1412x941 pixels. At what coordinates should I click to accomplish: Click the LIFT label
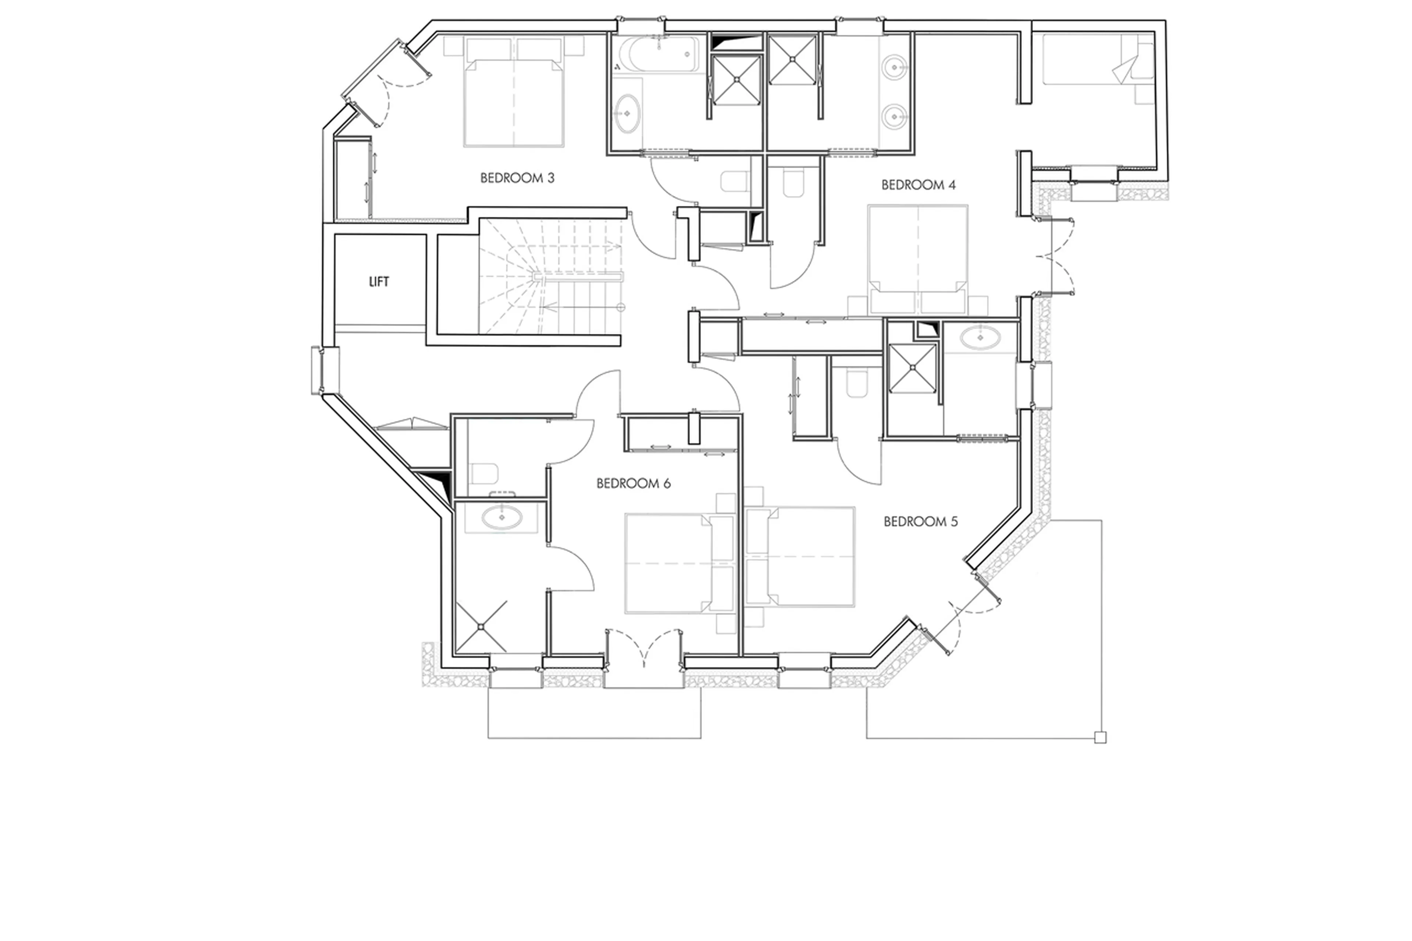[379, 281]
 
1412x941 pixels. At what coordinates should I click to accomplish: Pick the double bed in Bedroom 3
[514, 102]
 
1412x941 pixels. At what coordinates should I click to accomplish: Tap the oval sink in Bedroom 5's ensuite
[979, 337]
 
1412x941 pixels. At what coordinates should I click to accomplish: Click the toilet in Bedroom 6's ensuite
[484, 474]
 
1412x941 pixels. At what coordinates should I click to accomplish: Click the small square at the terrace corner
[1100, 738]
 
